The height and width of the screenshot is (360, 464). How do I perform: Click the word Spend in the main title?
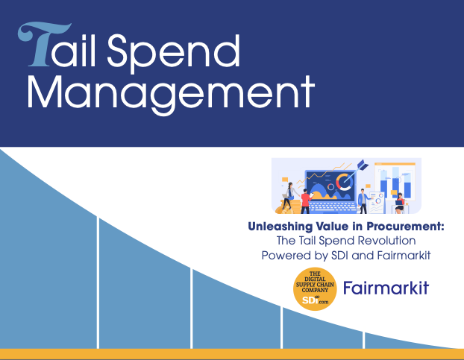point(173,53)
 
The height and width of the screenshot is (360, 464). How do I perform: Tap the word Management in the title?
point(171,94)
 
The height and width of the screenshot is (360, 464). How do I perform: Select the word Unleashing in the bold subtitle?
point(280,227)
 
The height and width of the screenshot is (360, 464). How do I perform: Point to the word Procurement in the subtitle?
point(405,226)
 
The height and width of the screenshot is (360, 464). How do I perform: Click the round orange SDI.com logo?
point(315,288)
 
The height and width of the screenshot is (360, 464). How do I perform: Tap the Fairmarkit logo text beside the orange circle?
point(386,288)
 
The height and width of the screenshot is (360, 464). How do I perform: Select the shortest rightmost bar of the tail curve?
point(411,341)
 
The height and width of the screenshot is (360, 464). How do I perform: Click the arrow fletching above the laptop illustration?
point(363,165)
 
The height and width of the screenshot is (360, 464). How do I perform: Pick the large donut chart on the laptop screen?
point(344,181)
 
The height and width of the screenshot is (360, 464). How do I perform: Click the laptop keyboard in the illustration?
point(333,207)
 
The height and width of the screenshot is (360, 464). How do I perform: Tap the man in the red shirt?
point(305,201)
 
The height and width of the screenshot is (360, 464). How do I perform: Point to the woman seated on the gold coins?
point(288,195)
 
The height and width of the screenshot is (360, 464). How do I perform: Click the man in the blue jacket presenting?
point(363,201)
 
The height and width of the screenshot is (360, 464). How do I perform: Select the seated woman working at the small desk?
point(400,203)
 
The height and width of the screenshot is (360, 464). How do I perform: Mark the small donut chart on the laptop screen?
point(330,187)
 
